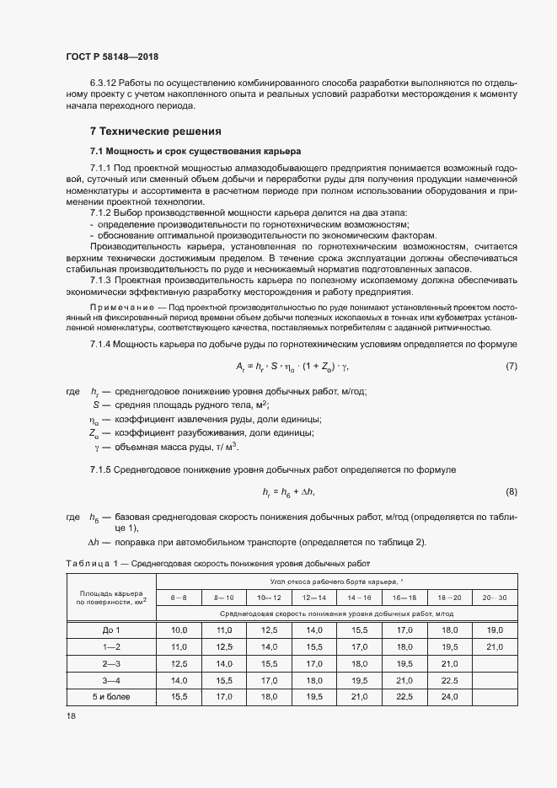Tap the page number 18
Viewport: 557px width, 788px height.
pyautogui.click(x=71, y=716)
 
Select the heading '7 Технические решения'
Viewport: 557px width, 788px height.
pyautogui.click(x=155, y=131)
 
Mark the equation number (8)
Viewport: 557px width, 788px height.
pyautogui.click(x=511, y=491)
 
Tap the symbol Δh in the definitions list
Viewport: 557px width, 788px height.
pyautogui.click(x=94, y=541)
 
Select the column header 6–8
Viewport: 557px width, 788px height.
pyautogui.click(x=179, y=597)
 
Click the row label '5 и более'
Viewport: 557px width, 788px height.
pyautogui.click(x=111, y=697)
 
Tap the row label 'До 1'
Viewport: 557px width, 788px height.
pyautogui.click(x=111, y=630)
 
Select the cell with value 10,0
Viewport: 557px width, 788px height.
pyautogui.click(x=179, y=630)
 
